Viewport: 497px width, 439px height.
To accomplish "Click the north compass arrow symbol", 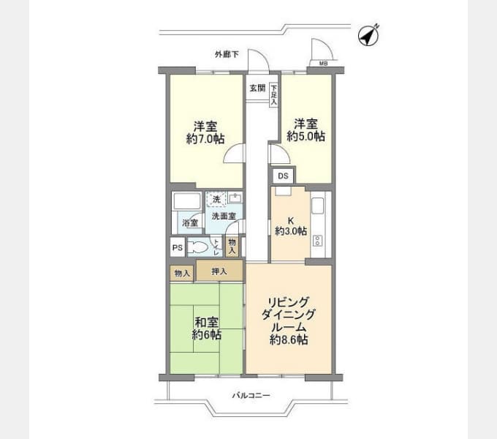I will click(x=368, y=34).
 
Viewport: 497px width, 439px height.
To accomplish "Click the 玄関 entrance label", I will click(x=257, y=88).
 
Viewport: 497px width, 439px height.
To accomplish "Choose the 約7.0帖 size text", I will click(x=205, y=138).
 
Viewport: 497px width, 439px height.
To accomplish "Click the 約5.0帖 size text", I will click(x=306, y=136).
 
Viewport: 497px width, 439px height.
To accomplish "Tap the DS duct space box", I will click(x=282, y=176).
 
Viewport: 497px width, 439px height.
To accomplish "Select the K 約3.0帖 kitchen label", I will click(x=291, y=225).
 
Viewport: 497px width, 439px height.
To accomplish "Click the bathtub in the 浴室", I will click(x=186, y=201).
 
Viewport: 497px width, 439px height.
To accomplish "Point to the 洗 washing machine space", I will click(x=216, y=199).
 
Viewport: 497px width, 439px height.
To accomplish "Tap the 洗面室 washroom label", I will click(x=224, y=217).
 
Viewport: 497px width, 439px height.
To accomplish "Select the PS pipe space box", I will click(x=177, y=248).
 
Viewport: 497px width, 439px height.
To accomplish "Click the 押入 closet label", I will click(x=219, y=272).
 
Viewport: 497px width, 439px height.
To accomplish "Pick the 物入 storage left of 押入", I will click(x=182, y=274).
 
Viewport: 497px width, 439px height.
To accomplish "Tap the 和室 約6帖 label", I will click(x=206, y=328).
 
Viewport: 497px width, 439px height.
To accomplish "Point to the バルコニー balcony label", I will click(x=251, y=396).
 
